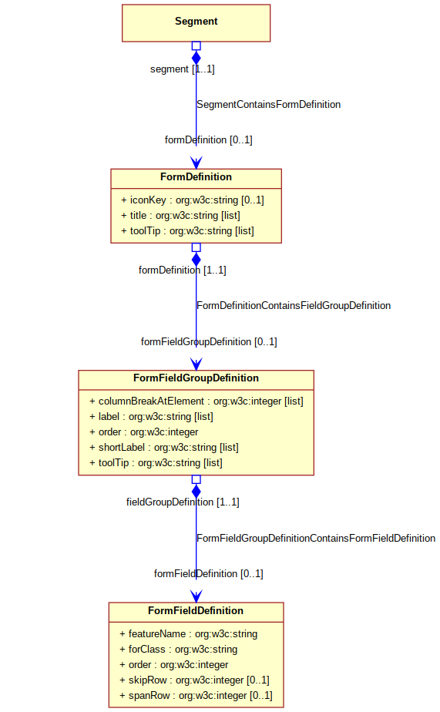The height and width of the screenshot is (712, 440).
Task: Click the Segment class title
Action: tap(196, 22)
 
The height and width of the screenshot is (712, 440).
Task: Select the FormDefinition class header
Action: tap(196, 177)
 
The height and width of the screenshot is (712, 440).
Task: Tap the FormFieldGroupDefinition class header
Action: tap(196, 378)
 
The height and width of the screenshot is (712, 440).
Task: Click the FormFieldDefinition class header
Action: tap(196, 611)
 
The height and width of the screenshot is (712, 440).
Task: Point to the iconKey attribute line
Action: tap(192, 200)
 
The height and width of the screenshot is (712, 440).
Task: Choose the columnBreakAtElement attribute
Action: tap(196, 401)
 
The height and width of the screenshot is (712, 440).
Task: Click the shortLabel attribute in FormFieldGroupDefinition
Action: tap(163, 448)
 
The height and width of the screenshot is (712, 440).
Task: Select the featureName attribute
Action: tap(188, 634)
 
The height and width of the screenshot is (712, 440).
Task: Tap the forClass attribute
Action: tap(178, 650)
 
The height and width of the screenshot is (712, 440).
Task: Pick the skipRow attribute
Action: tap(194, 680)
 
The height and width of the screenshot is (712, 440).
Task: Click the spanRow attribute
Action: tap(196, 696)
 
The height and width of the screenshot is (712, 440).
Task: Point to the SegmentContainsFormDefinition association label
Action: tap(268, 105)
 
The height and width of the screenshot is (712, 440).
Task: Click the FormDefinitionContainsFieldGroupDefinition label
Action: tap(294, 306)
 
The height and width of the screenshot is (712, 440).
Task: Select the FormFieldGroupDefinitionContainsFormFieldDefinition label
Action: tap(316, 538)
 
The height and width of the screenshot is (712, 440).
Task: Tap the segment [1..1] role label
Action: tap(183, 69)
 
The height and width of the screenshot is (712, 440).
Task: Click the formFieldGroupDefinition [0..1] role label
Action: tap(209, 341)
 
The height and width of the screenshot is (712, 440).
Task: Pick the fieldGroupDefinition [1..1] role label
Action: tap(183, 502)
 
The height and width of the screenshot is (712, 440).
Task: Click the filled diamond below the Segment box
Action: tap(196, 58)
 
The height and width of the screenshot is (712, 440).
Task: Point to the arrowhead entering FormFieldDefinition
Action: tap(196, 596)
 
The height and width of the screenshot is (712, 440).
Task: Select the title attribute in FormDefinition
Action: tap(180, 216)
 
